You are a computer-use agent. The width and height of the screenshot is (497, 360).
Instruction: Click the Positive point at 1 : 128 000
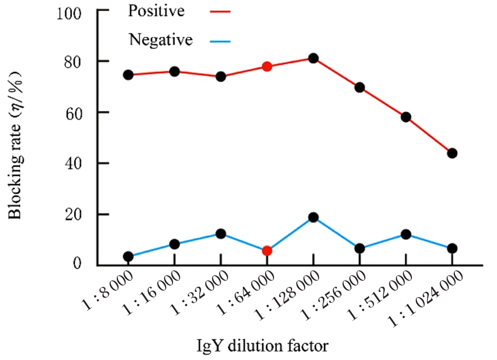pos(313,58)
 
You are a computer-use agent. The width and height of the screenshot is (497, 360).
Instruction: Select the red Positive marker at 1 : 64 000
pos(267,67)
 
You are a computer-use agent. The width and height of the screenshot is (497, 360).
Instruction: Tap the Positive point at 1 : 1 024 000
pos(452,153)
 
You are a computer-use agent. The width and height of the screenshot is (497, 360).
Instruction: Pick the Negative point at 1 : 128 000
pos(313,217)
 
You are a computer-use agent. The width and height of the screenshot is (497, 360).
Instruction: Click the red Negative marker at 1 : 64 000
pos(267,251)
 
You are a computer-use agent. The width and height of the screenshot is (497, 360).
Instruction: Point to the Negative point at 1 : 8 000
pos(128,256)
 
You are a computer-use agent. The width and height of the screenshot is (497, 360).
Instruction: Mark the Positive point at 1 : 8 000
pos(128,75)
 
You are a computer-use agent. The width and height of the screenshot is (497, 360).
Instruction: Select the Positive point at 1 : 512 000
pos(406,117)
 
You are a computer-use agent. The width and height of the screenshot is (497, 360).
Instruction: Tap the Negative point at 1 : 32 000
pos(221,234)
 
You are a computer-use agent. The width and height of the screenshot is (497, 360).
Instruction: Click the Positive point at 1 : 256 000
pos(360,87)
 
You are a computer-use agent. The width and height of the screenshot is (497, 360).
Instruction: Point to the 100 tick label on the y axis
pos(69,12)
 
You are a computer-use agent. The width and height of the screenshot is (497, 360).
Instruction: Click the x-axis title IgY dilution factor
pos(263,345)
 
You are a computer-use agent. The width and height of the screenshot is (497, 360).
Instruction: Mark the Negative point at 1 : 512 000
pos(406,234)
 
